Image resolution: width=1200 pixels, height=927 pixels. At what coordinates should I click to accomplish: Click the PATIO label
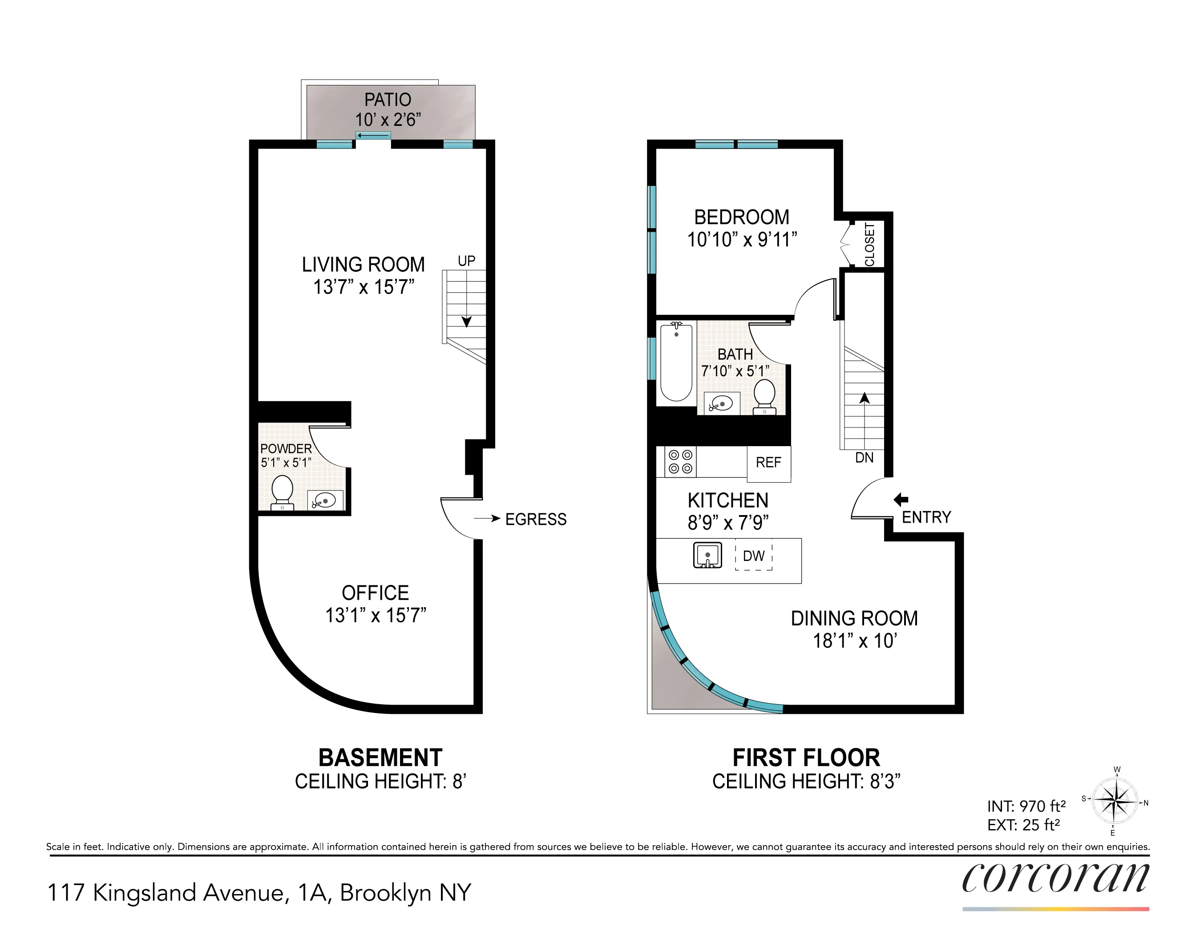(x=388, y=100)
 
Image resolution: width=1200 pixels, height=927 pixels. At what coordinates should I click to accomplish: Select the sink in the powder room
(x=325, y=500)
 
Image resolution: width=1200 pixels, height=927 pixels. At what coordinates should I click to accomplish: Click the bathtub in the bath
(x=676, y=363)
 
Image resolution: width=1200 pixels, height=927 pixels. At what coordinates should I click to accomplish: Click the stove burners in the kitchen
(x=680, y=461)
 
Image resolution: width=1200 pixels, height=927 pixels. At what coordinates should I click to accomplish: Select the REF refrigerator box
(x=768, y=463)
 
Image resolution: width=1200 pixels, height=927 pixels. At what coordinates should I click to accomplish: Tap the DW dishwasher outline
(x=754, y=556)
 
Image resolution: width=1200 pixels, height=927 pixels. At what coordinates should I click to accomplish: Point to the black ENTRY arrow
(x=901, y=499)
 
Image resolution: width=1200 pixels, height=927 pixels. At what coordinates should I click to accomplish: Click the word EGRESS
(x=536, y=519)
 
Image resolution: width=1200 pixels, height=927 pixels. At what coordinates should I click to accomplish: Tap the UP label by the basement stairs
(x=466, y=261)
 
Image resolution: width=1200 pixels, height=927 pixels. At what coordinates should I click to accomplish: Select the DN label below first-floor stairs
(x=864, y=457)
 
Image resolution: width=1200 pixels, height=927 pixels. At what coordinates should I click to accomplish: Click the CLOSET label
(x=870, y=244)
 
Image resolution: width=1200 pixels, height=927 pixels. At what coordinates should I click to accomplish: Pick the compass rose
(x=1115, y=802)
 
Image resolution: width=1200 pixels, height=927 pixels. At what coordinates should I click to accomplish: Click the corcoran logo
(x=1055, y=878)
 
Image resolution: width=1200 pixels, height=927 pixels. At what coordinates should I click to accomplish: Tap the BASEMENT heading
(x=380, y=758)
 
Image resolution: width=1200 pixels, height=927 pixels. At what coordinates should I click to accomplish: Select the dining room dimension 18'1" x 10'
(x=854, y=641)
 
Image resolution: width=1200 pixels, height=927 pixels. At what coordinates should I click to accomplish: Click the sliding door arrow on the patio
(x=373, y=135)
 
